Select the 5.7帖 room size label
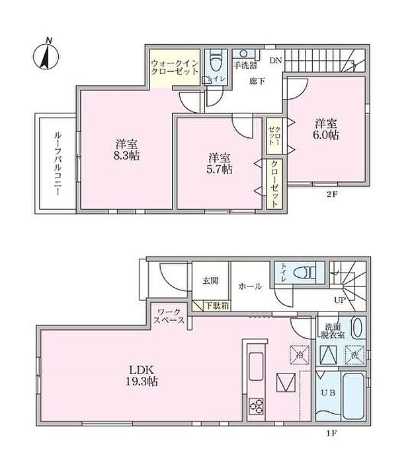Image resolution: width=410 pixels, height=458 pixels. (x=220, y=164)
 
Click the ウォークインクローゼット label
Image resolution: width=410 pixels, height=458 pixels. (x=175, y=67)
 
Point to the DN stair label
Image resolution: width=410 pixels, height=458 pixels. (x=275, y=60)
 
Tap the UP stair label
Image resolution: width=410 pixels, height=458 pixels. (x=340, y=300)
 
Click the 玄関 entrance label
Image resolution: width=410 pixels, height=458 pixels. (x=210, y=280)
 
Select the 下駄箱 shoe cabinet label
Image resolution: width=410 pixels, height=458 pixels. (x=216, y=305)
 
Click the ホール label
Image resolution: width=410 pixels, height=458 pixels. (x=249, y=286)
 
